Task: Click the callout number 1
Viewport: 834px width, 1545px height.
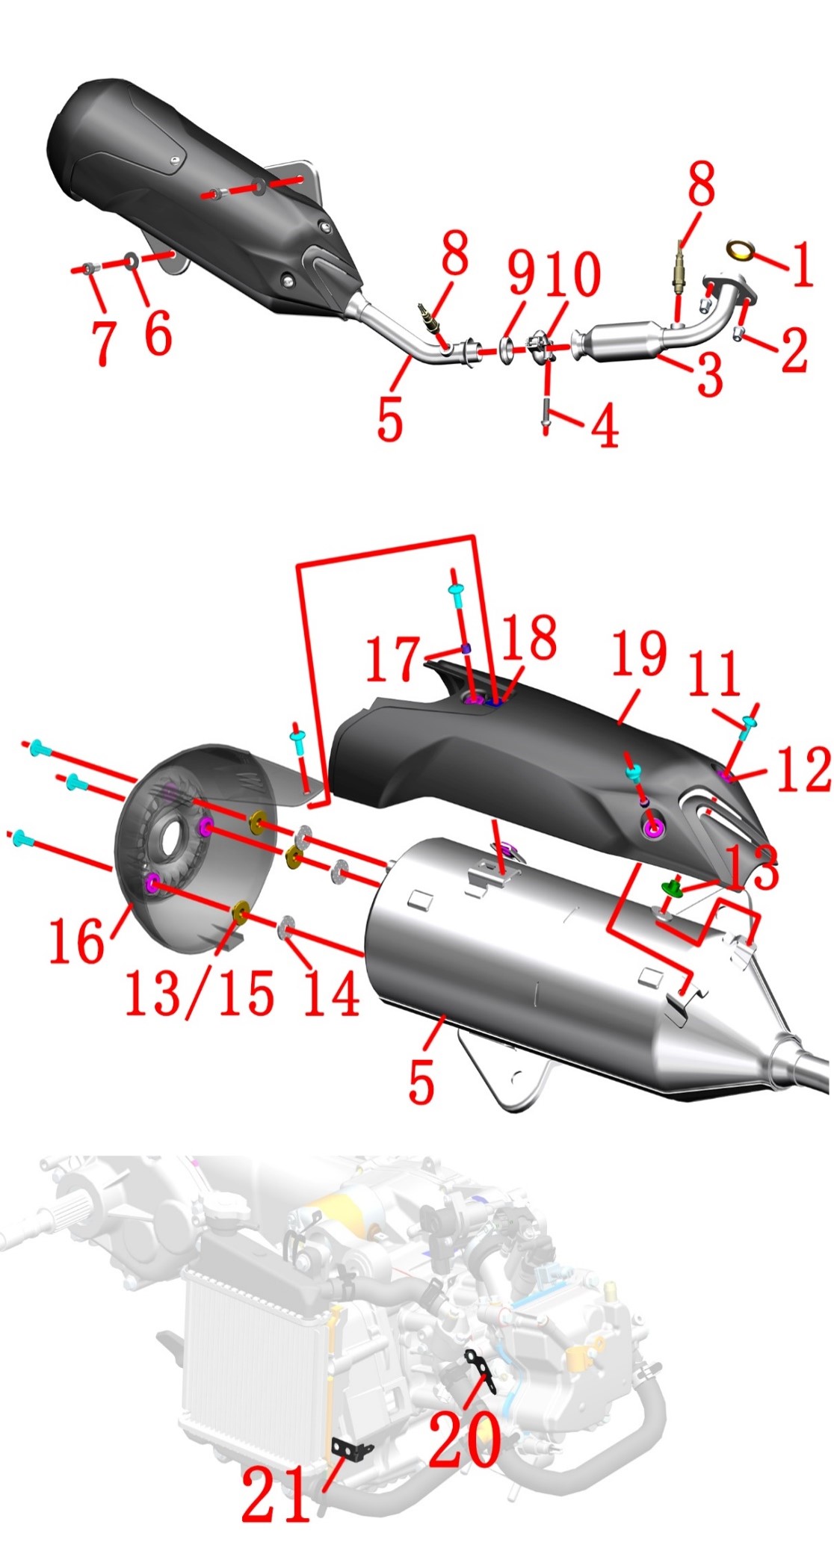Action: [802, 264]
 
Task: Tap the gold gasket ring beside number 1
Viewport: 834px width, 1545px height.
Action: [741, 250]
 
